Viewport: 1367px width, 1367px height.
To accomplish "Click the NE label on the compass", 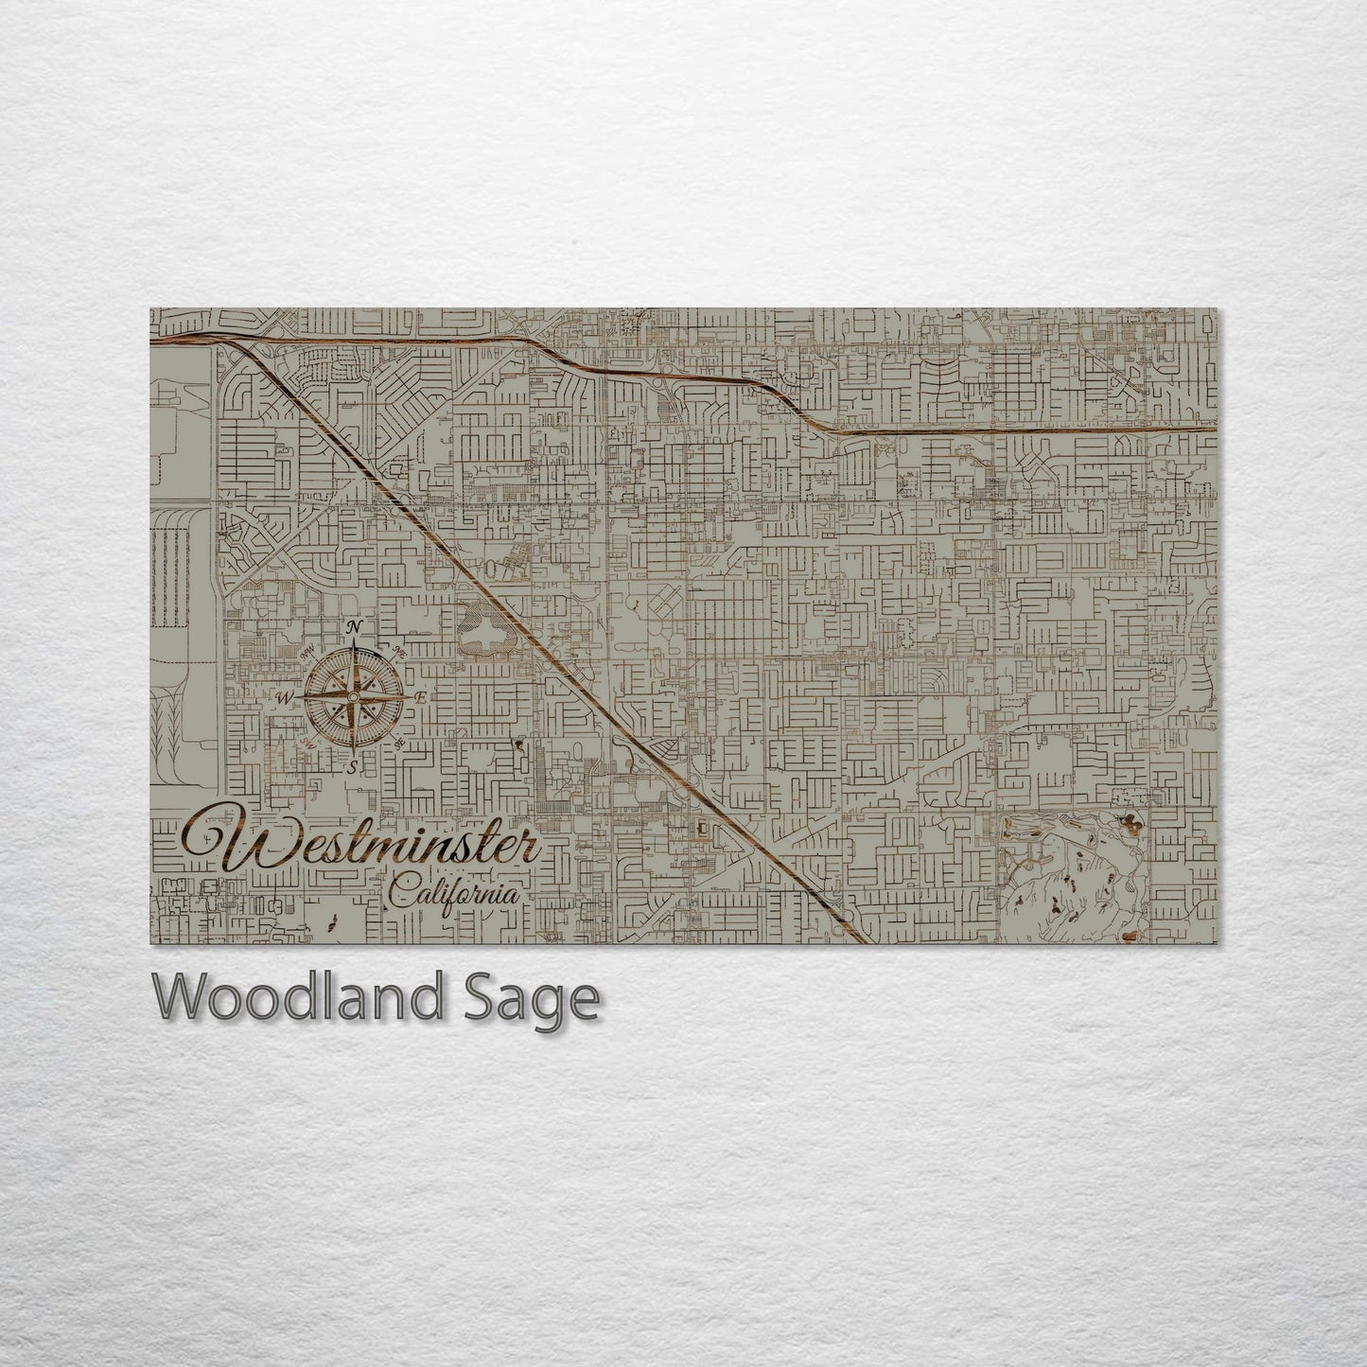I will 398,652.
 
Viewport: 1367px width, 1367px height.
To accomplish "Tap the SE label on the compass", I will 398,743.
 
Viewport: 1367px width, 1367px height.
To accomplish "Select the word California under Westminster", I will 454,892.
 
